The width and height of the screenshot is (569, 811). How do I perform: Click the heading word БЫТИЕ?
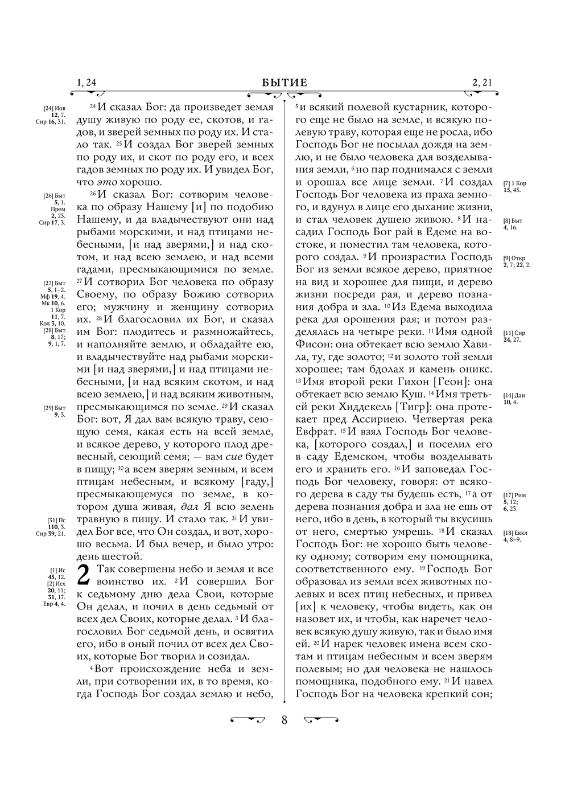click(x=284, y=83)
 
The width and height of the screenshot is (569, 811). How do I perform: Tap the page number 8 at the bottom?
click(x=284, y=719)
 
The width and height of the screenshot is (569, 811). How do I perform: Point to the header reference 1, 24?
click(x=86, y=83)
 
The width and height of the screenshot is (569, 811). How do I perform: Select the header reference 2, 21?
click(x=482, y=83)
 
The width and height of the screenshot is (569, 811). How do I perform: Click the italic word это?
click(x=105, y=182)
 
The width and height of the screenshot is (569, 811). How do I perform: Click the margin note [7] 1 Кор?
click(x=515, y=183)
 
